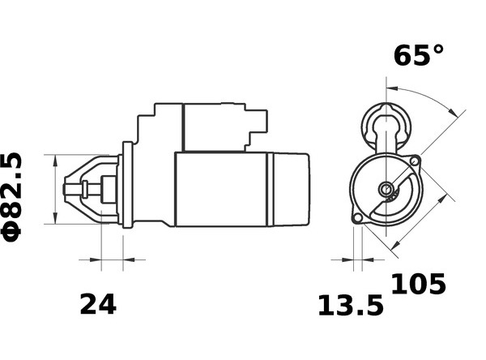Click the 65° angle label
(x=419, y=55)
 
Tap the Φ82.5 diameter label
(x=12, y=197)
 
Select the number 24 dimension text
(x=98, y=304)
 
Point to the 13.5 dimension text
(x=351, y=306)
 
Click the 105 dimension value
(x=419, y=284)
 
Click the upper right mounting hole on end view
(x=415, y=161)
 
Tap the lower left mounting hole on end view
(x=358, y=218)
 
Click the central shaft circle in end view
(x=386, y=189)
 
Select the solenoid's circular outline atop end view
(x=386, y=126)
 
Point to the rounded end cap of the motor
(x=291, y=190)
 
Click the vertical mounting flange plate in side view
(x=128, y=185)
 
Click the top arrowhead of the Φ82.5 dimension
(x=55, y=159)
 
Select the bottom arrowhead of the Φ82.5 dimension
(x=55, y=218)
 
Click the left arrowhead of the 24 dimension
(x=96, y=259)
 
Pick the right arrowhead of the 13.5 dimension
(x=369, y=259)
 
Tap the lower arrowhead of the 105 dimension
(x=395, y=245)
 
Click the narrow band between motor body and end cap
(x=271, y=190)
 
